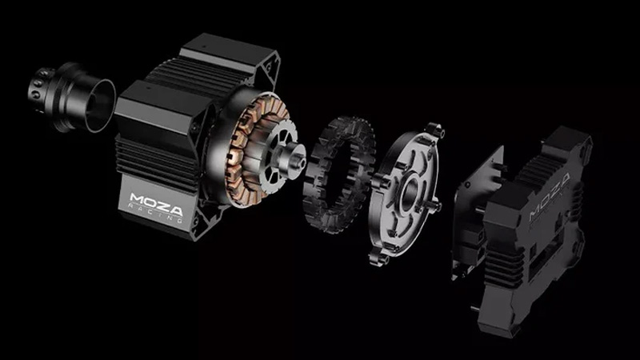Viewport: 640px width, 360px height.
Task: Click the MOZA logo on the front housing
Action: [155, 196]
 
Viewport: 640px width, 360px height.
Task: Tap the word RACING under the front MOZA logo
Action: [156, 209]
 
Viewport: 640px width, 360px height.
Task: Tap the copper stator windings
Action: [241, 152]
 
